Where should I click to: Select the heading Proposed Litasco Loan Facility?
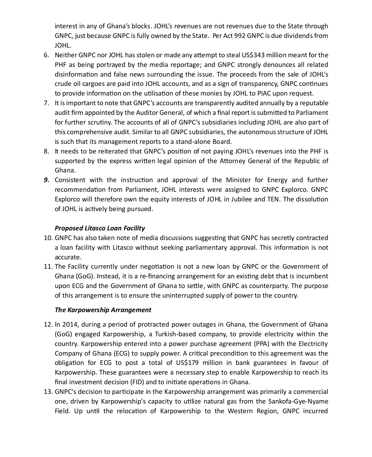(x=100, y=228)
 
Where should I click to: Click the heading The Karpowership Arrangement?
(x=103, y=310)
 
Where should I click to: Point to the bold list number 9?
(x=46, y=180)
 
